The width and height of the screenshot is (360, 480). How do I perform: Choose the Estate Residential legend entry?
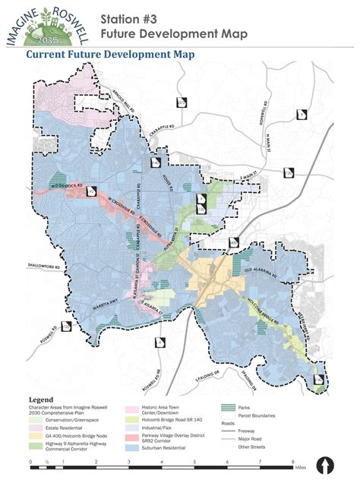61,422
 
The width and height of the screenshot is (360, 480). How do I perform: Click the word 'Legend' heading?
41,399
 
